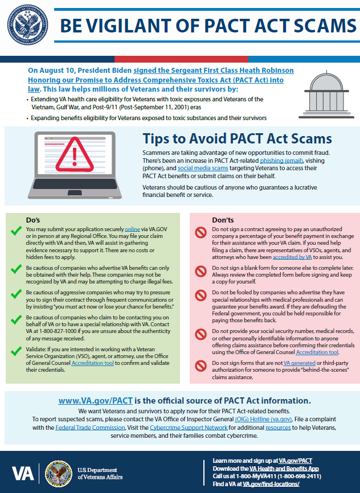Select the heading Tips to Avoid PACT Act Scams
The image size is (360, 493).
click(237, 138)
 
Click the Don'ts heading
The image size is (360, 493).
click(223, 220)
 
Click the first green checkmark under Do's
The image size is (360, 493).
click(17, 231)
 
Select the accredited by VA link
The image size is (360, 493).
click(293, 257)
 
